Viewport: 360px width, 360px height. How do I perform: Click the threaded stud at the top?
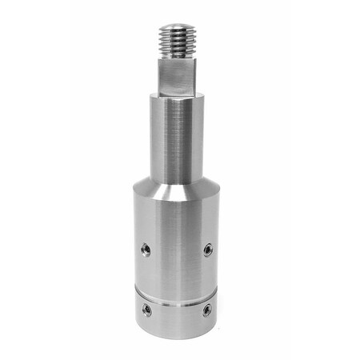pyautogui.click(x=177, y=40)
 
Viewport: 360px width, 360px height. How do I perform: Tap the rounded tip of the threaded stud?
pyautogui.click(x=177, y=26)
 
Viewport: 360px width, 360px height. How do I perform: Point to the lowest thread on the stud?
pyautogui.click(x=177, y=55)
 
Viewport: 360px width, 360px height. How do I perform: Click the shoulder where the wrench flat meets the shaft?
pyautogui.click(x=176, y=95)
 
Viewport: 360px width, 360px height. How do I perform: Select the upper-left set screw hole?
pyautogui.click(x=146, y=249)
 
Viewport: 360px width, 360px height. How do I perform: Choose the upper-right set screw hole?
pyautogui.click(x=207, y=250)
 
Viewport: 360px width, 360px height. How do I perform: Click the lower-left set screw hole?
pyautogui.click(x=146, y=308)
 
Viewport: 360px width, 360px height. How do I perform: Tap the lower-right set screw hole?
pyautogui.click(x=207, y=308)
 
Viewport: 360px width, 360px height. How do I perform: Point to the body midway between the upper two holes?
pyautogui.click(x=176, y=250)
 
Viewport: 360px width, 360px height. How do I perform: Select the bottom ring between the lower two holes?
pyautogui.click(x=176, y=312)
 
